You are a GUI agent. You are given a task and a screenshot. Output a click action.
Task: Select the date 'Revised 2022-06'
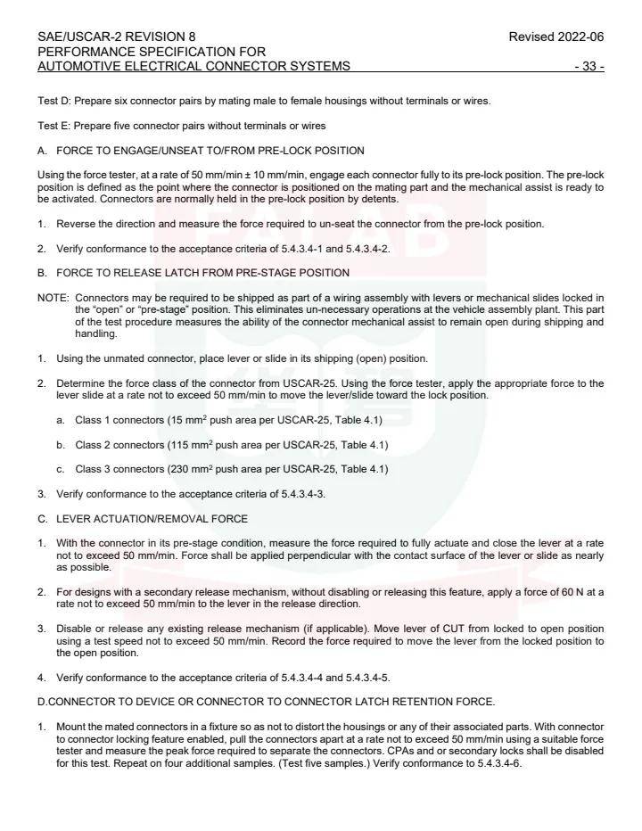point(556,37)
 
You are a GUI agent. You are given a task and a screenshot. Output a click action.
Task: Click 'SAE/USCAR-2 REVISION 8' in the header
point(117,37)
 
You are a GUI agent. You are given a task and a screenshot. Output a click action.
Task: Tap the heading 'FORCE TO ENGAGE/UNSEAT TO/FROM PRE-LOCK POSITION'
point(210,150)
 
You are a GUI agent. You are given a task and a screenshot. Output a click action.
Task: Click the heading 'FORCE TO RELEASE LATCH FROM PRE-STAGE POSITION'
point(202,272)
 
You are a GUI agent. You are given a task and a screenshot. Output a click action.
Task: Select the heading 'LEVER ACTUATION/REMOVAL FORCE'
point(152,518)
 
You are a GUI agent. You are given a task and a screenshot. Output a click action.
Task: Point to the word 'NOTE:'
point(53,297)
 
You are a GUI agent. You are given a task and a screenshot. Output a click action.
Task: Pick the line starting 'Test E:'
point(181,125)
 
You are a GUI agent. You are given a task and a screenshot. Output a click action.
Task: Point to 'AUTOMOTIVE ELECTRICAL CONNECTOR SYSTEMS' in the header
point(193,66)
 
